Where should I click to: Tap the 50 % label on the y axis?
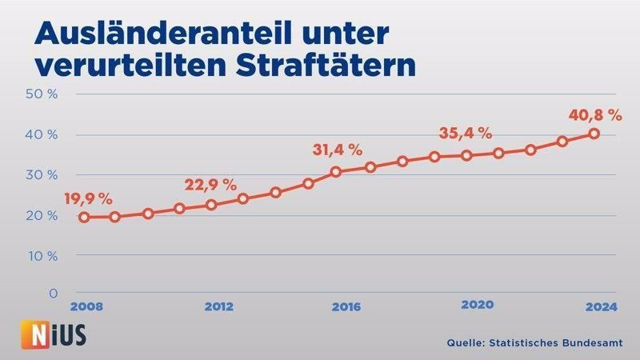pos(42,94)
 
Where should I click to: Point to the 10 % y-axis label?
pos(42,256)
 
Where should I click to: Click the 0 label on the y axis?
pos(53,294)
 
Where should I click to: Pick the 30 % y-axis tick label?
pos(42,174)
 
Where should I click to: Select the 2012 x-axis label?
pos(218,306)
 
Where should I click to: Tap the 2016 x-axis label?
pos(347,306)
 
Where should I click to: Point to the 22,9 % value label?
pos(210,184)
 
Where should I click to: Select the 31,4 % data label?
pos(337,150)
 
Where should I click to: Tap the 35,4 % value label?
pos(465,133)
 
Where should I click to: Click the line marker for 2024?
pos(594,134)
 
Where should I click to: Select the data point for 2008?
pos(83,217)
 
